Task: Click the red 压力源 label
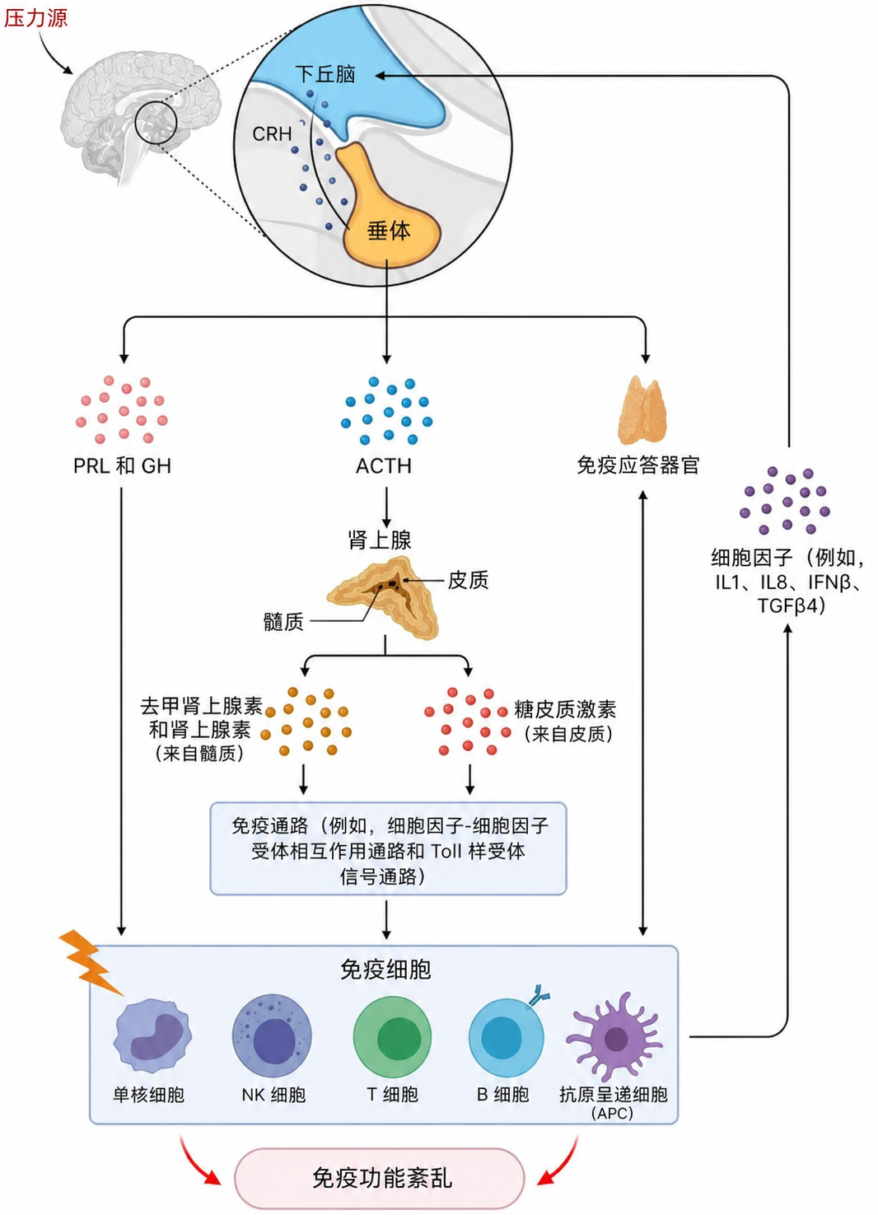pos(35,18)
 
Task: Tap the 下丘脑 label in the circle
pos(325,74)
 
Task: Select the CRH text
pos(272,133)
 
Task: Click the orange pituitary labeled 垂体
pos(389,217)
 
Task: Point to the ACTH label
pos(384,466)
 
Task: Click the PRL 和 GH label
pos(122,466)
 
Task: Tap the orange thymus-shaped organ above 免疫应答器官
pos(642,410)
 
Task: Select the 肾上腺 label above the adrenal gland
pos(380,540)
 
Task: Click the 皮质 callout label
pos(468,580)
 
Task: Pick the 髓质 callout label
pos(283,622)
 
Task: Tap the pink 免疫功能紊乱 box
pos(380,1178)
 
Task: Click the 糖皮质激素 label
pos(565,709)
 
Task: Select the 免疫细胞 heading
pos(385,970)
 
